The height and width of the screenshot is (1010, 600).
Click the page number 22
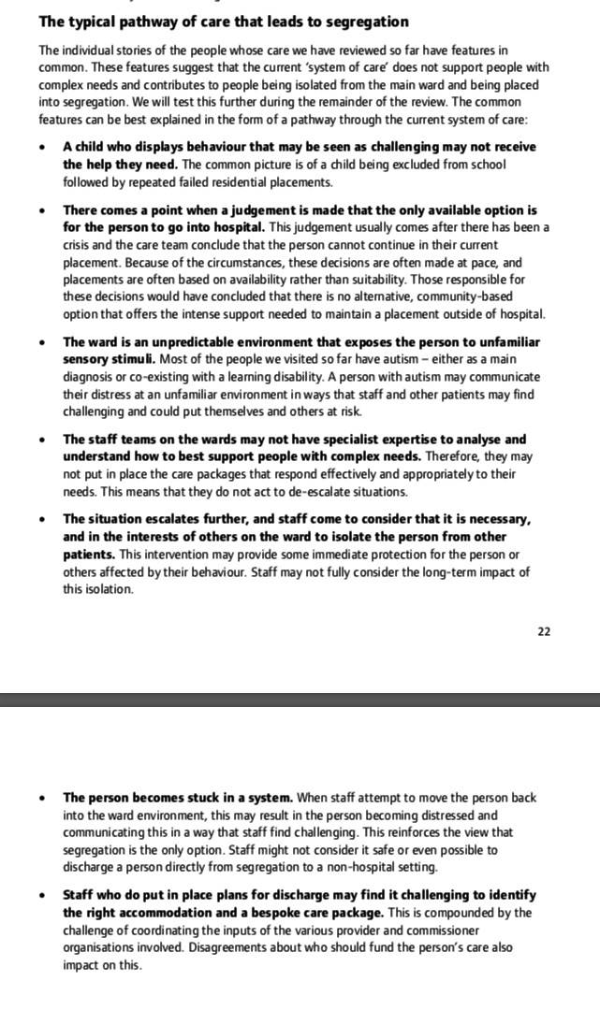coord(544,631)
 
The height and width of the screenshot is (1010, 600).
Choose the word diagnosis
coord(90,376)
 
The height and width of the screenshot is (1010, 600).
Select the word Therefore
coord(457,456)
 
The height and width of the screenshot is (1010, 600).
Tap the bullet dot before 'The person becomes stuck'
coord(42,799)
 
